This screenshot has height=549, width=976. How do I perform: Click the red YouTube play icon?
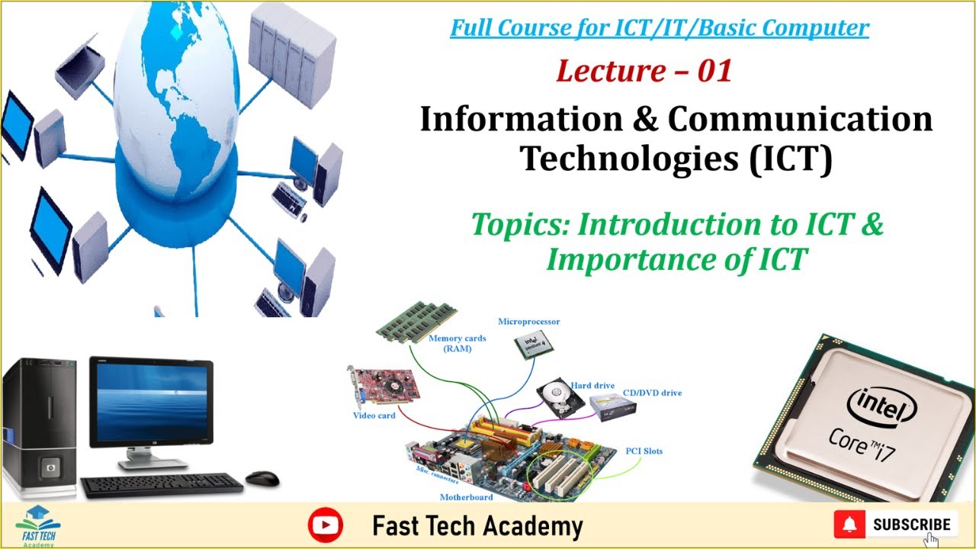pyautogui.click(x=326, y=525)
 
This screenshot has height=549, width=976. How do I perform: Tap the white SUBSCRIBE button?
pyautogui.click(x=911, y=525)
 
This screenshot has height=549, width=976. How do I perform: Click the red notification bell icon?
pyautogui.click(x=849, y=525)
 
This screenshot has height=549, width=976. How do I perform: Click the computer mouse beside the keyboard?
pyautogui.click(x=262, y=477)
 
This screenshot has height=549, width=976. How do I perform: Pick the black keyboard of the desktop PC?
pyautogui.click(x=162, y=485)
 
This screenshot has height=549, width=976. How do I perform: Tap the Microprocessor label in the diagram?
pyautogui.click(x=528, y=322)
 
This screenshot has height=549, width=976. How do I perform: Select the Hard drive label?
pyautogui.click(x=592, y=386)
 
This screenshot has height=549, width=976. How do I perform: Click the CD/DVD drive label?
pyautogui.click(x=652, y=393)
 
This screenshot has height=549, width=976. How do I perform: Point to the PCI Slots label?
pyautogui.click(x=644, y=451)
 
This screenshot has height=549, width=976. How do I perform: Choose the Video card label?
pyautogui.click(x=374, y=416)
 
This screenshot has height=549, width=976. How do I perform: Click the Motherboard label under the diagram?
pyautogui.click(x=466, y=497)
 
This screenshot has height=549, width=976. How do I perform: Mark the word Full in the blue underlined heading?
pyautogui.click(x=471, y=28)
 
